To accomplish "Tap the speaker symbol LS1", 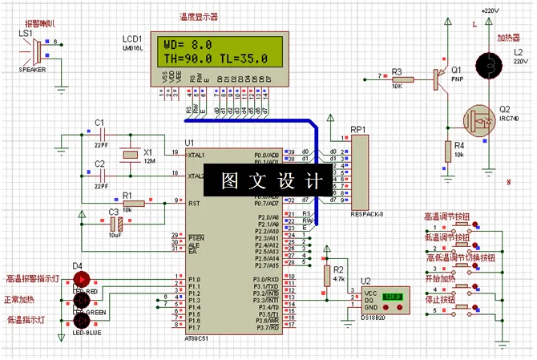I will coord(33,51).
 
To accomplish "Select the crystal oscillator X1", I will coord(126,156).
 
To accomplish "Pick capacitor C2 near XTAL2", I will coord(100,175).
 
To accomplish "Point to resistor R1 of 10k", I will coord(132,204).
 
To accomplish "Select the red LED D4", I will coord(82,278).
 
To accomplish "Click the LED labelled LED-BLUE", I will coord(82,317).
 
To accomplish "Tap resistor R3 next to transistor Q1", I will coord(402,79).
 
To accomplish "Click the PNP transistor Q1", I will coord(439,79).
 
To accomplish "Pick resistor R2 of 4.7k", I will coord(327,275).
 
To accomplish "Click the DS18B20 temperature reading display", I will coord(393,297).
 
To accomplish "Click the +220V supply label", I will coord(489,10).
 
